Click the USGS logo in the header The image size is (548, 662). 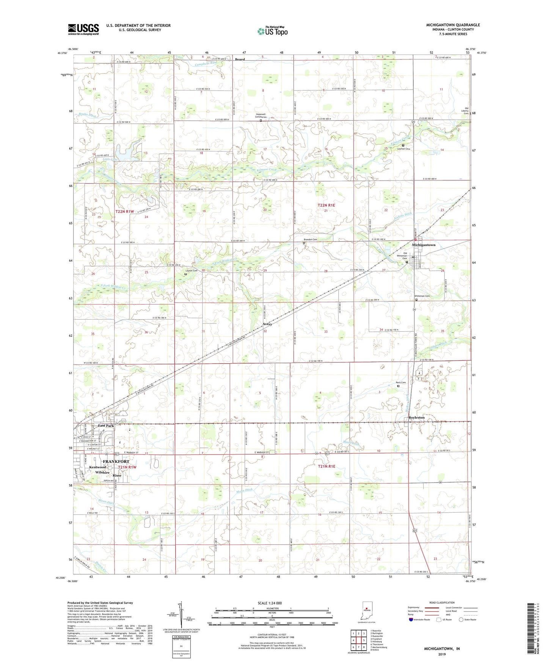pos(83,29)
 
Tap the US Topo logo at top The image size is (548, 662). pos(272,31)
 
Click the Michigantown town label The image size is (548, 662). pos(424,245)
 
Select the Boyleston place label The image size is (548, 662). pos(416,417)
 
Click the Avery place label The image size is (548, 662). pos(267,324)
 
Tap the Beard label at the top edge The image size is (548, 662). pos(240,60)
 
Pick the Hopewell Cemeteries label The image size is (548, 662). pos(261,116)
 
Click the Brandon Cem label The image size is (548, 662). pos(310,240)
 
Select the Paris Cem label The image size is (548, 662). pos(401,383)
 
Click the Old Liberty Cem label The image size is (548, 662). pos(464,111)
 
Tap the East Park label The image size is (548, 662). pos(106,426)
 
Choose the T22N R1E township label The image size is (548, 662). pos(326,205)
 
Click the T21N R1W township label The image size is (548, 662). pos(127,467)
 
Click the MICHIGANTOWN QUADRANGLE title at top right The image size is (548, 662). pos(453,25)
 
